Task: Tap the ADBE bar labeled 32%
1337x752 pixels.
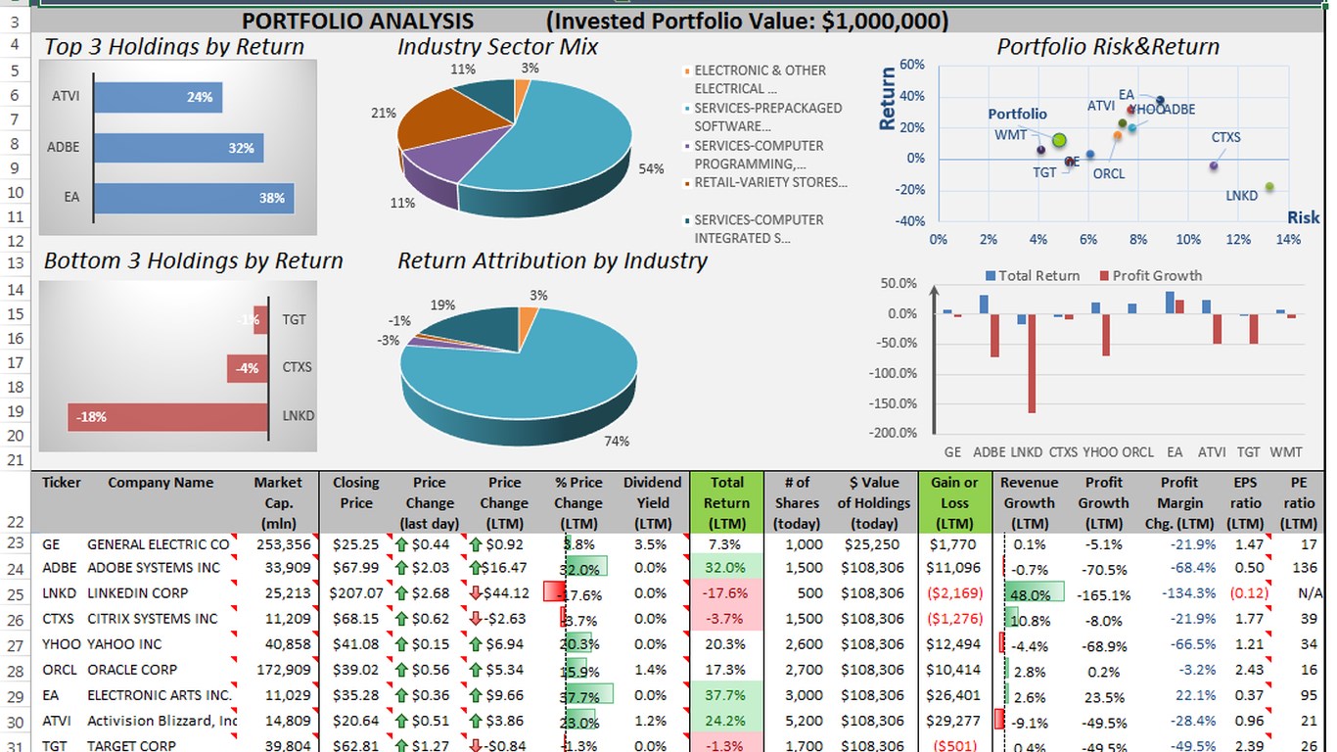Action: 178,148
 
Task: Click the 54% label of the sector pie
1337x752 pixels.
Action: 651,169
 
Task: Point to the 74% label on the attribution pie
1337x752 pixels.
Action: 617,442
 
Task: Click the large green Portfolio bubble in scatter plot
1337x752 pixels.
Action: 1059,140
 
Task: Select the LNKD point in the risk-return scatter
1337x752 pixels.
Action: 1269,187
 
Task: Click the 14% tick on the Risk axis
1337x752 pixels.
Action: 1288,240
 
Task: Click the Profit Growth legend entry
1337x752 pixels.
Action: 1151,276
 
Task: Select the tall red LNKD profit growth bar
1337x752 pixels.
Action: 1032,363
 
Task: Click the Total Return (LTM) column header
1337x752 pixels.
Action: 727,502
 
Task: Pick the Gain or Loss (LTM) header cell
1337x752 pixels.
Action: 954,502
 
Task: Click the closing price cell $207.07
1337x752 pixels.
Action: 356,593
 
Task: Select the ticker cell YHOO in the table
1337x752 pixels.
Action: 61,644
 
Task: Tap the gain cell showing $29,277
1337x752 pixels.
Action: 954,721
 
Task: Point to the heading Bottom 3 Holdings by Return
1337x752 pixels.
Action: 194,261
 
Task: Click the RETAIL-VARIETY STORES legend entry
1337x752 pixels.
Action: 770,182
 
